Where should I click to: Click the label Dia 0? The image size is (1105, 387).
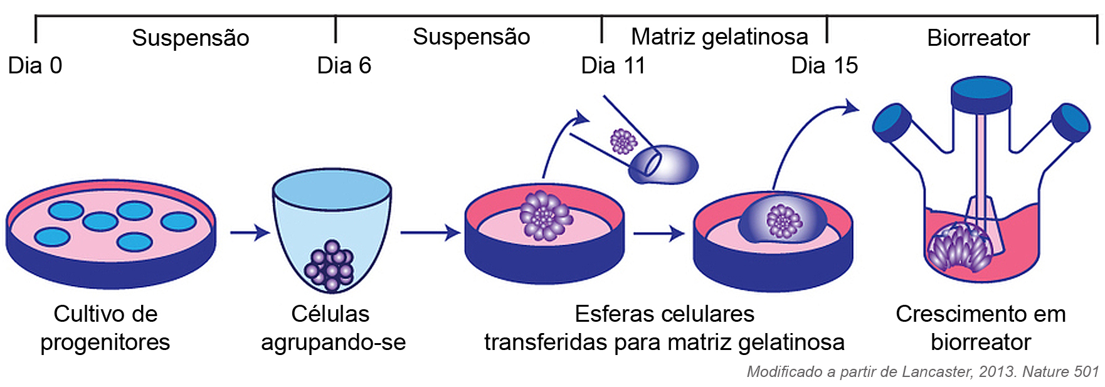[35, 65]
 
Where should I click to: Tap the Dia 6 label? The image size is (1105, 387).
[344, 65]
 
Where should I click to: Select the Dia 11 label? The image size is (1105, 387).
[613, 65]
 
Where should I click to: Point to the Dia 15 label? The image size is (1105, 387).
[824, 65]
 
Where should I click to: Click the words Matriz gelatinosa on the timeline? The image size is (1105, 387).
[719, 37]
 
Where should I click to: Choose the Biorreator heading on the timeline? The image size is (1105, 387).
[978, 38]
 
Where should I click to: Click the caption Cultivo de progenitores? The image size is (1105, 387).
[105, 327]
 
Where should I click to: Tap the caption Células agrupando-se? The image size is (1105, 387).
[333, 327]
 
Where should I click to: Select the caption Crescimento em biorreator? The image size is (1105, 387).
[980, 327]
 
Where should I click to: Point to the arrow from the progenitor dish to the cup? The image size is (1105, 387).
[250, 233]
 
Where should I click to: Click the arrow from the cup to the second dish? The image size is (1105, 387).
[430, 233]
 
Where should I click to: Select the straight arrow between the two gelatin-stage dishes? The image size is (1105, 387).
[658, 233]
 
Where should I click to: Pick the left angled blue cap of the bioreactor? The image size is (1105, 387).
[892, 122]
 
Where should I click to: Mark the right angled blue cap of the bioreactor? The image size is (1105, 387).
[1071, 122]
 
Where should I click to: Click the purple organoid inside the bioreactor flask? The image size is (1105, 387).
[960, 247]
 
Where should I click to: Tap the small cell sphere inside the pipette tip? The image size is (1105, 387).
[623, 141]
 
